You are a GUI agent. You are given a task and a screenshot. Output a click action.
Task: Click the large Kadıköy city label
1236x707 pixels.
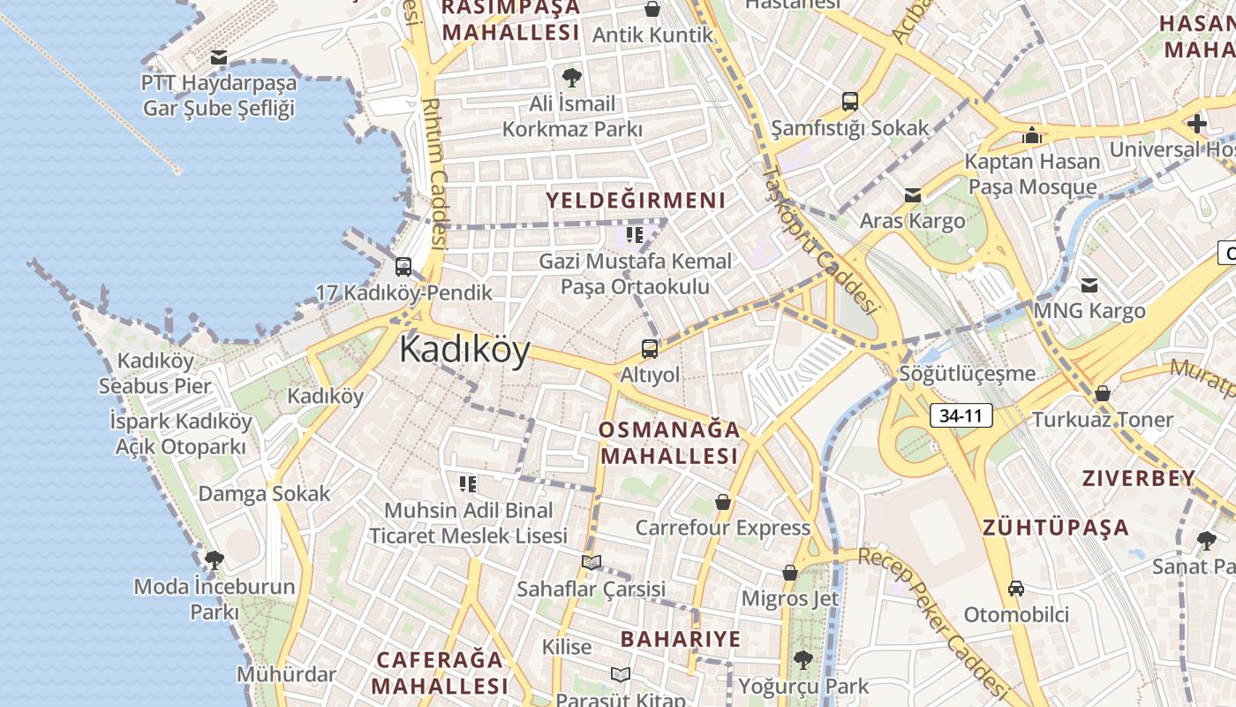tap(464, 351)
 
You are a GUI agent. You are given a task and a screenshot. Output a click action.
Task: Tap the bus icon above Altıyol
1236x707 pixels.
tap(650, 348)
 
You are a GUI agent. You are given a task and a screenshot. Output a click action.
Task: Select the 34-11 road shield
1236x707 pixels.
tap(961, 415)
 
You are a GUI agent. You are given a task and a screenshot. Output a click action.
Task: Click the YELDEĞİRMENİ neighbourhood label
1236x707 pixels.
tap(636, 201)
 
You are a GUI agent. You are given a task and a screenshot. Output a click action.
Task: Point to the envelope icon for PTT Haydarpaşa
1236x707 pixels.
tap(219, 58)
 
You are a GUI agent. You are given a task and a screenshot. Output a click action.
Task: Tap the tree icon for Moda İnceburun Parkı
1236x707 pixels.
tap(214, 559)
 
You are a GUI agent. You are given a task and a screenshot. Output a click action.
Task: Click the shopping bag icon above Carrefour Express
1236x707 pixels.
tap(723, 502)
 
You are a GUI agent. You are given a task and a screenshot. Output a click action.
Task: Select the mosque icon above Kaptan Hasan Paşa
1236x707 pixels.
tap(1031, 136)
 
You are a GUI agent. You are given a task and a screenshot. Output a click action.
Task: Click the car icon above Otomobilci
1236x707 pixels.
tap(1016, 589)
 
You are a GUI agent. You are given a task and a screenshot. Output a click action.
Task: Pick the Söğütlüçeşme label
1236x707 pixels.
tap(968, 373)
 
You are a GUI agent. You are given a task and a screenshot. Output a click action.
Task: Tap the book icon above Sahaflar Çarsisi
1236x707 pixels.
tap(591, 562)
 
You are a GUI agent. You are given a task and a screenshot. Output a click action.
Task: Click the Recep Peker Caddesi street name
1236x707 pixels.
tap(933, 620)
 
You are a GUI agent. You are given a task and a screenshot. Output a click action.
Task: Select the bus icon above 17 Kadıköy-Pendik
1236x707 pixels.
tap(403, 266)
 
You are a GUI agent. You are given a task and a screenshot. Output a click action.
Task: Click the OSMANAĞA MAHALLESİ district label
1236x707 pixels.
tap(668, 443)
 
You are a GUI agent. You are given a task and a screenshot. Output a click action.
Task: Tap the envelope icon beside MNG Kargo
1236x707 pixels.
tap(1089, 285)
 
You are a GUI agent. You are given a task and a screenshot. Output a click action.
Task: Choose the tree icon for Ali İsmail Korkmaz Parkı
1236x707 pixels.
tap(572, 78)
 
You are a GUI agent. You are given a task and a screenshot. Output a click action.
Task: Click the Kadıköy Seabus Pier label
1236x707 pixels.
tap(155, 373)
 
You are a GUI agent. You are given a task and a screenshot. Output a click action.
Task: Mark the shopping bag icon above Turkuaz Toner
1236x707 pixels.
tap(1102, 393)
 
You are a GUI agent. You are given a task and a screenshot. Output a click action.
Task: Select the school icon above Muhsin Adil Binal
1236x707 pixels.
tap(467, 483)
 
